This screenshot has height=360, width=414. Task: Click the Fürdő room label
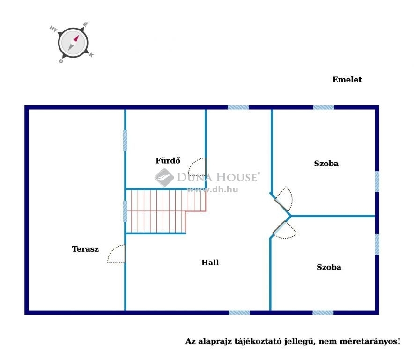168,160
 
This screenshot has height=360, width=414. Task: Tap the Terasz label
85,249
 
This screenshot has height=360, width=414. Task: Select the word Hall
210,262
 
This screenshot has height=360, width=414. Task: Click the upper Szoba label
326,164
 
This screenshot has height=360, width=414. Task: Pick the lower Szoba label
329,267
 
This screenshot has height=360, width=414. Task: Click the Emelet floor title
347,80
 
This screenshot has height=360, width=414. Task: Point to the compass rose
73,43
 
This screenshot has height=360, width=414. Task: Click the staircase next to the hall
166,211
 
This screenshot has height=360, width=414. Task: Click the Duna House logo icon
164,177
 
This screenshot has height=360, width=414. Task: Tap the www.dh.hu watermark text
212,189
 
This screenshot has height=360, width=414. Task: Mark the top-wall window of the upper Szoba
324,107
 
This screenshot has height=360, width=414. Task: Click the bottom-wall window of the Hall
239,313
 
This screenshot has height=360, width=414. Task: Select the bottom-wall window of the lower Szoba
323,313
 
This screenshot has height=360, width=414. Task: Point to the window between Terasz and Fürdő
125,141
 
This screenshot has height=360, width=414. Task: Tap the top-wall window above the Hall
238,107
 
